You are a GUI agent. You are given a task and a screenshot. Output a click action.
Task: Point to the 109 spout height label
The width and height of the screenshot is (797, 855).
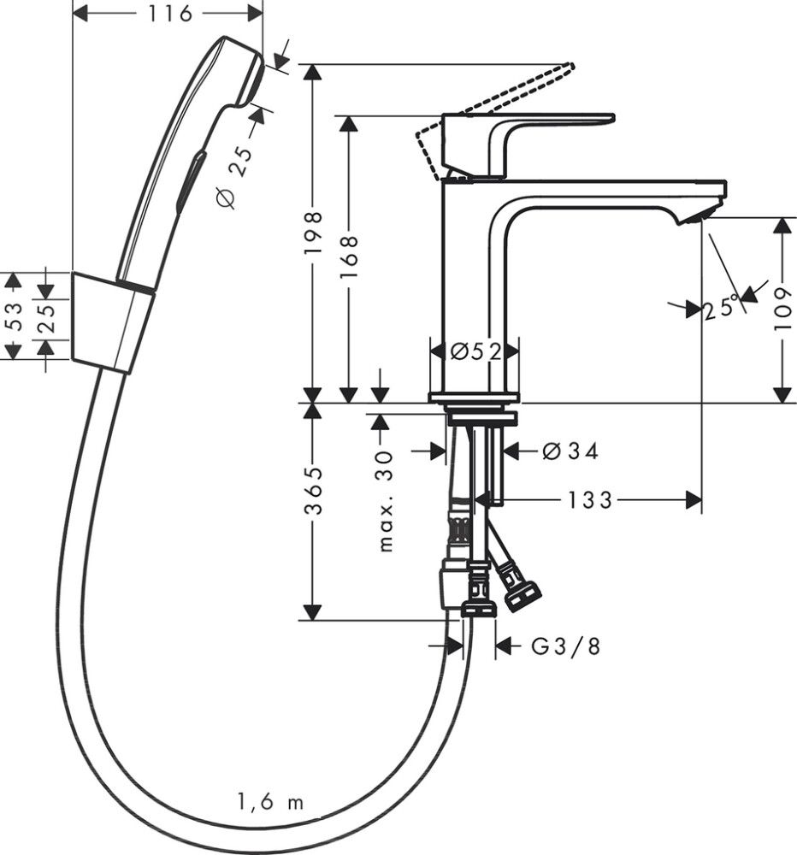click(783, 310)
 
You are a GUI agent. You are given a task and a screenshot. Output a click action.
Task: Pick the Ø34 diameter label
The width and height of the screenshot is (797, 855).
click(570, 451)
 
